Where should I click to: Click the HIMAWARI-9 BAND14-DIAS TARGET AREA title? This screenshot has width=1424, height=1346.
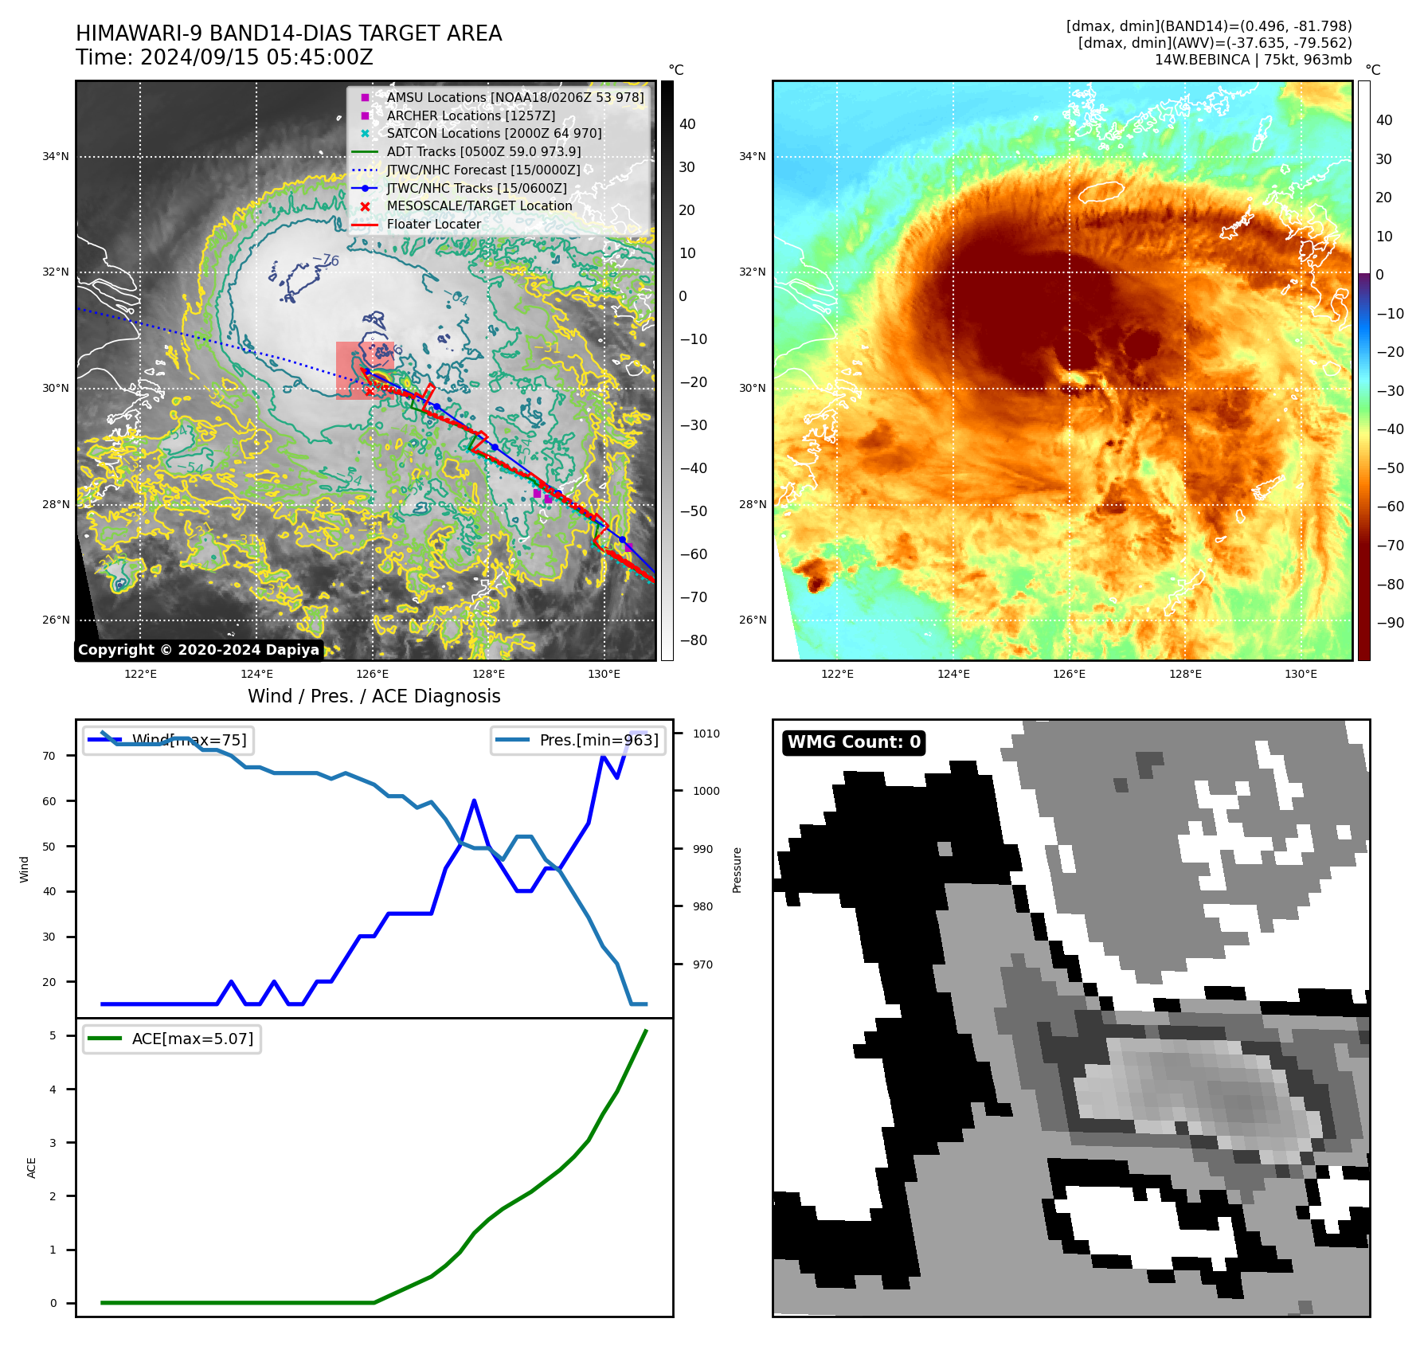pyautogui.click(x=288, y=33)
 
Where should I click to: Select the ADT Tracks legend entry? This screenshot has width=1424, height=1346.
pyautogui.click(x=483, y=151)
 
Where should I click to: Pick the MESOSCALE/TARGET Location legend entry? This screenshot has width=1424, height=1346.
pyautogui.click(x=479, y=205)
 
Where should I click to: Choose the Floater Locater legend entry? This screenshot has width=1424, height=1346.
pyautogui.click(x=433, y=224)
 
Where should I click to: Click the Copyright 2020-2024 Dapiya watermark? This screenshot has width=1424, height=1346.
pyautogui.click(x=198, y=650)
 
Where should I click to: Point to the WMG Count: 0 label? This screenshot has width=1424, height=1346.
pyautogui.click(x=854, y=742)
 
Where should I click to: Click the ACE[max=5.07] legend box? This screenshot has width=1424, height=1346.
pyautogui.click(x=172, y=1039)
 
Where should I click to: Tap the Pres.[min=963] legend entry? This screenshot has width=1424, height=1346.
pyautogui.click(x=578, y=740)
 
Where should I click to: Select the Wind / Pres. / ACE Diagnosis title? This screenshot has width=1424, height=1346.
pyautogui.click(x=374, y=696)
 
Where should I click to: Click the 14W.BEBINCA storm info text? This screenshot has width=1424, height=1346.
pyautogui.click(x=1253, y=60)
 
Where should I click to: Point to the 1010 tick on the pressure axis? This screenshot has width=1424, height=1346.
pyautogui.click(x=706, y=734)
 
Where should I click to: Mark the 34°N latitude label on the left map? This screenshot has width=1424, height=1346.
pyautogui.click(x=56, y=157)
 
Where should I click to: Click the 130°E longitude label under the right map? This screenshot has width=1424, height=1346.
pyautogui.click(x=1301, y=674)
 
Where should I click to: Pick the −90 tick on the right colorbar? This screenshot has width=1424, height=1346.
pyautogui.click(x=1391, y=623)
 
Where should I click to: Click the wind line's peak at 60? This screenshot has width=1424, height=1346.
pyautogui.click(x=474, y=800)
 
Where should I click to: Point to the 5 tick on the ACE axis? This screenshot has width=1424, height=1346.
pyautogui.click(x=53, y=1035)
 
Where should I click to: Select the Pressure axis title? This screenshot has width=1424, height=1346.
pyautogui.click(x=737, y=870)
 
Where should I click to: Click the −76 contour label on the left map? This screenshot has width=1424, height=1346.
pyautogui.click(x=326, y=260)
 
